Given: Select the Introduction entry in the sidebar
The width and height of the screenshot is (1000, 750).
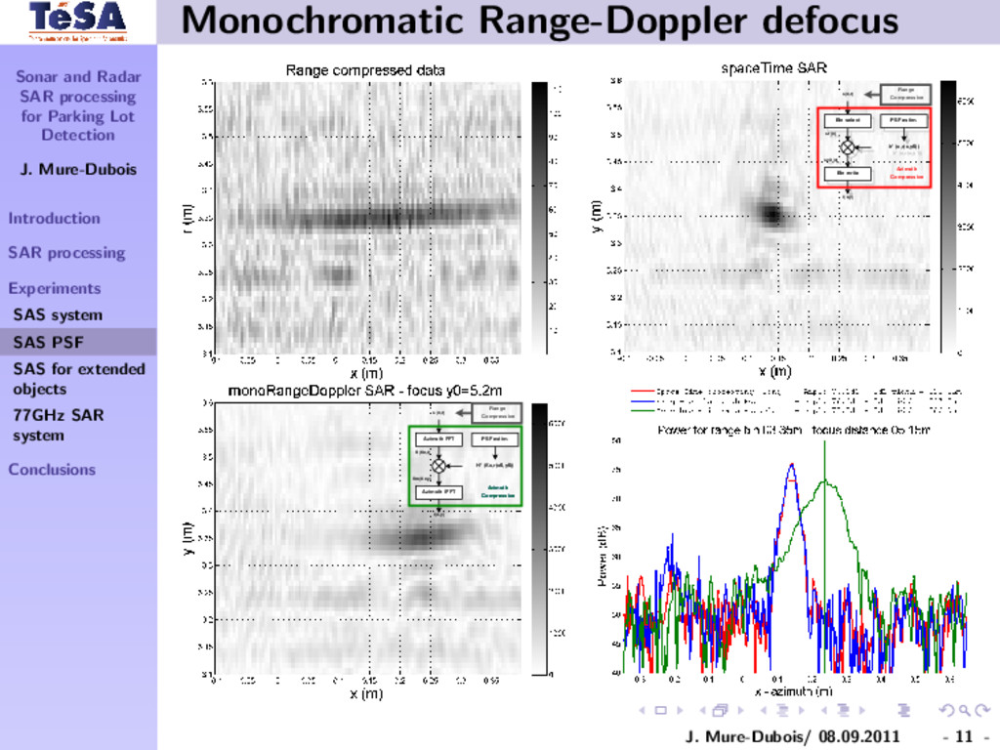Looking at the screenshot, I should (x=55, y=218).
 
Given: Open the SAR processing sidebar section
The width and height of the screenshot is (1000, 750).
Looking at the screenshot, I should (x=66, y=253).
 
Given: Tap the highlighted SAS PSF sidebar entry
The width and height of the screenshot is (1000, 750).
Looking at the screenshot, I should (x=48, y=342).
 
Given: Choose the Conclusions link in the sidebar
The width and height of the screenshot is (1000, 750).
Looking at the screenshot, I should (x=52, y=469).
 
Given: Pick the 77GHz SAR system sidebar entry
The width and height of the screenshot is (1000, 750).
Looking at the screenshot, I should (x=59, y=425).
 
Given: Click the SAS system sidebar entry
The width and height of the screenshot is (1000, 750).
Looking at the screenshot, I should (x=57, y=314).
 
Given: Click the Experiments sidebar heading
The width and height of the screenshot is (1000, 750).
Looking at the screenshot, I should (x=55, y=288).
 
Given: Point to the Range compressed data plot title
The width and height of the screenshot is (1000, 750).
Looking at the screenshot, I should (x=365, y=70).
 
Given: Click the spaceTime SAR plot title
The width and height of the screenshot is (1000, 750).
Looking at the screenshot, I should (x=773, y=68).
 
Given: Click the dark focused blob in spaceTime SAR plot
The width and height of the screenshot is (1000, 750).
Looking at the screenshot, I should (x=772, y=213).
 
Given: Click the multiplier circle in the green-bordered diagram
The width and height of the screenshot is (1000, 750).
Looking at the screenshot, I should (x=438, y=466).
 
